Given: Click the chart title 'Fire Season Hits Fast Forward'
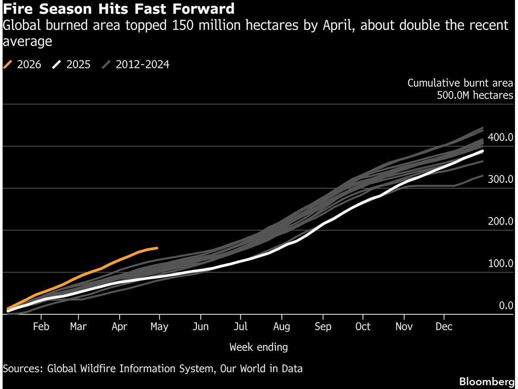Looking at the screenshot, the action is pyautogui.click(x=118, y=9).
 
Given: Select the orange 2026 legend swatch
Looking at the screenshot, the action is pyautogui.click(x=7, y=64).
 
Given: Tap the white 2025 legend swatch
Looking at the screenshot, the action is pyautogui.click(x=57, y=64).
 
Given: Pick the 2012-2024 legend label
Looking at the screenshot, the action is pyautogui.click(x=142, y=64).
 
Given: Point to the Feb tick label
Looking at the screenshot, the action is pyautogui.click(x=41, y=327).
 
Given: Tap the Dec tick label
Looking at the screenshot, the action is pyautogui.click(x=444, y=327).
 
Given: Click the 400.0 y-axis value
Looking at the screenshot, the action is pyautogui.click(x=500, y=137).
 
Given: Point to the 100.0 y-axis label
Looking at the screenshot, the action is pyautogui.click(x=500, y=263).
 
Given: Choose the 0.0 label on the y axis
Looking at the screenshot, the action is pyautogui.click(x=506, y=306).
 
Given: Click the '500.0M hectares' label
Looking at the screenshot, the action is pyautogui.click(x=475, y=95).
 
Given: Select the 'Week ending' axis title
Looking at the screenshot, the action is pyautogui.click(x=259, y=348).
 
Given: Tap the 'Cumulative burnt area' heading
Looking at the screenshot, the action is pyautogui.click(x=460, y=83).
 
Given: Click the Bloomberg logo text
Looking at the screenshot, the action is pyautogui.click(x=487, y=382).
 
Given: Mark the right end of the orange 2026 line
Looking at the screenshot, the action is pyautogui.click(x=157, y=248).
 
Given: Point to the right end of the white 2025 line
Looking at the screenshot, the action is pyautogui.click(x=482, y=151).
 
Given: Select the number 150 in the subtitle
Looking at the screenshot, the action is pyautogui.click(x=183, y=25).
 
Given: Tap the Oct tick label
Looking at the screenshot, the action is pyautogui.click(x=363, y=327).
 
